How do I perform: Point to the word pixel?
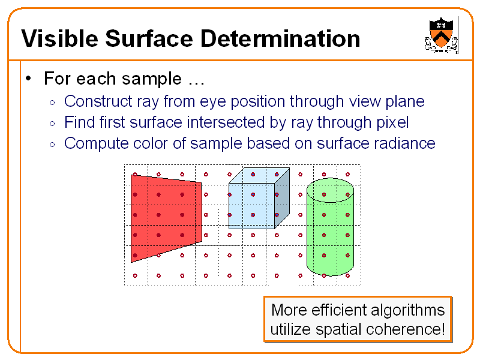386,123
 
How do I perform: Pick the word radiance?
404,144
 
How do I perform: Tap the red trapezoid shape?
165,216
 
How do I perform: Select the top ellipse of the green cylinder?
329,190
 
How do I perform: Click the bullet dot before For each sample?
28,79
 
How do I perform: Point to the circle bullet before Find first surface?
53,124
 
